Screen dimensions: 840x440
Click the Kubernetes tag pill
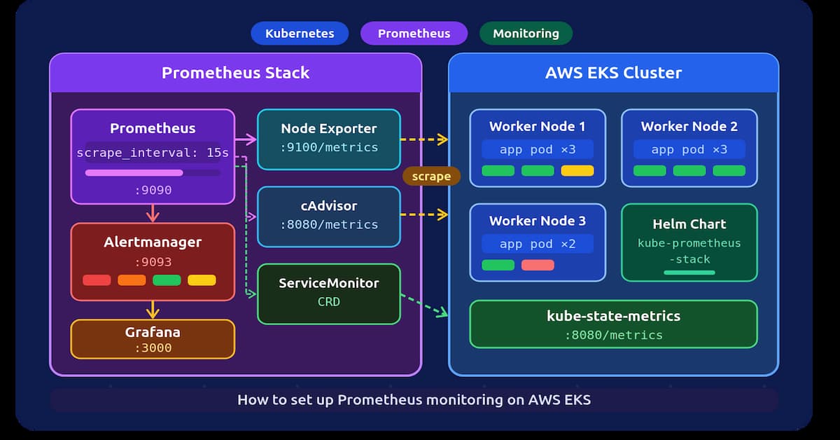[x=300, y=34]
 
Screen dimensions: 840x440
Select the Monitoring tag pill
[x=526, y=34]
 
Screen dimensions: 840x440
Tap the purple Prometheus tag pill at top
[x=414, y=34]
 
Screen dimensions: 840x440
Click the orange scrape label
[x=431, y=176]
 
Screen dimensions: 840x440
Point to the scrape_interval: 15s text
[x=153, y=153]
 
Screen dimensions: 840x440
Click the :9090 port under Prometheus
[x=153, y=191]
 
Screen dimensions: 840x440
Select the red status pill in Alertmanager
[x=97, y=280]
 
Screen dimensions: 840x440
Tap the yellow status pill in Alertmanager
[x=202, y=280]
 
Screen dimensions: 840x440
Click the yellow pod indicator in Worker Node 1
[x=577, y=171]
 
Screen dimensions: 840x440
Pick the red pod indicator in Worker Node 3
[x=538, y=265]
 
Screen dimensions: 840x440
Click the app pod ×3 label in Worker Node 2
[x=689, y=149]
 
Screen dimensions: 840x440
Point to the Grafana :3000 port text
[x=153, y=348]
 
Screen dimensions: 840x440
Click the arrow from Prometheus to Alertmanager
[x=153, y=213]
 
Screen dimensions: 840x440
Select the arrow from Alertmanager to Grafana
[x=153, y=310]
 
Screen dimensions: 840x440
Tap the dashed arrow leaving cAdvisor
[x=424, y=214]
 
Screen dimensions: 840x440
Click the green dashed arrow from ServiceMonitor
[x=424, y=305]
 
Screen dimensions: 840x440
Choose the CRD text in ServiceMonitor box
[x=329, y=302]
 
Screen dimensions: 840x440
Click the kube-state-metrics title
[x=613, y=316]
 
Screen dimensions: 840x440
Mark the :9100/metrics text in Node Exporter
[x=329, y=148]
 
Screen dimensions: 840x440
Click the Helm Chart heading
[x=689, y=224]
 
